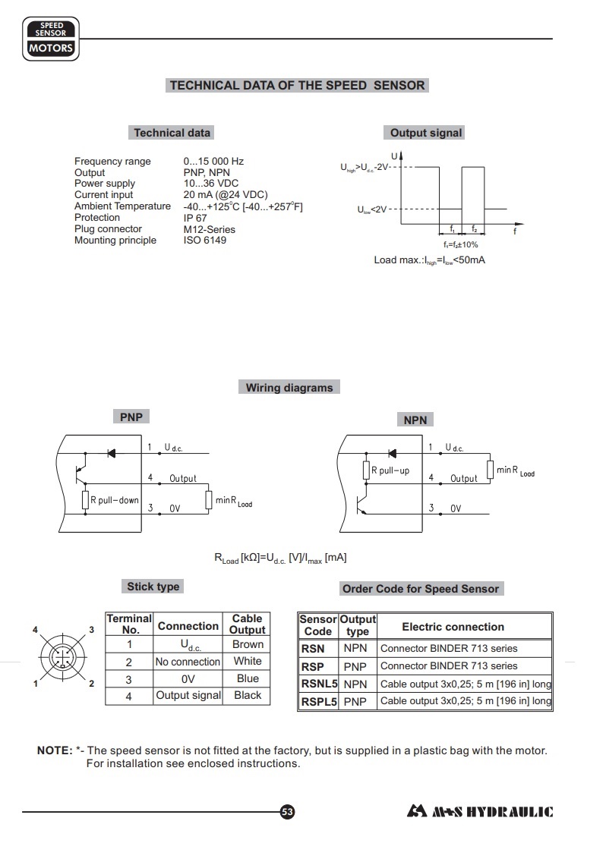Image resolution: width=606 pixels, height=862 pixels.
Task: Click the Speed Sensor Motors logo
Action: (x=51, y=40)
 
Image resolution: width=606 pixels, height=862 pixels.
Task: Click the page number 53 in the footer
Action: (x=287, y=812)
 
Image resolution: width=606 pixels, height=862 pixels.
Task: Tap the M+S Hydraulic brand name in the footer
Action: (x=480, y=812)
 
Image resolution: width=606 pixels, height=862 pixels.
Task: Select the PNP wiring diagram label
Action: (x=131, y=417)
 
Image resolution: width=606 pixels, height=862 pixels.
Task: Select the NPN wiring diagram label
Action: (x=415, y=420)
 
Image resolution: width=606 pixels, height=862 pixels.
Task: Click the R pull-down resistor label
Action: (x=114, y=501)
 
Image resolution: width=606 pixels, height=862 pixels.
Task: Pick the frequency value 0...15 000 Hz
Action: (x=213, y=162)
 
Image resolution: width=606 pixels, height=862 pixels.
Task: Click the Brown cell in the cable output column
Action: (x=248, y=644)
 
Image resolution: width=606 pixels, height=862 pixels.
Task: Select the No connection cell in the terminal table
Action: (x=188, y=662)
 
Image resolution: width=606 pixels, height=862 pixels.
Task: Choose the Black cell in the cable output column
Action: (x=248, y=695)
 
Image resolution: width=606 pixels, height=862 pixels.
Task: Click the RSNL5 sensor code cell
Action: (x=319, y=684)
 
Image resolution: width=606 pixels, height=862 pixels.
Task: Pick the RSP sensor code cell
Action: (x=313, y=666)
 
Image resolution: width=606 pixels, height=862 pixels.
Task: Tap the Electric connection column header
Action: (x=453, y=627)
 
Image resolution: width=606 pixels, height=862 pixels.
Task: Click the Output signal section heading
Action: (x=425, y=133)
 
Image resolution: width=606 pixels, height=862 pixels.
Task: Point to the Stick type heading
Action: (x=153, y=587)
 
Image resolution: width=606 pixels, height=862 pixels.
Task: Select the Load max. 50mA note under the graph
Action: (x=429, y=260)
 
